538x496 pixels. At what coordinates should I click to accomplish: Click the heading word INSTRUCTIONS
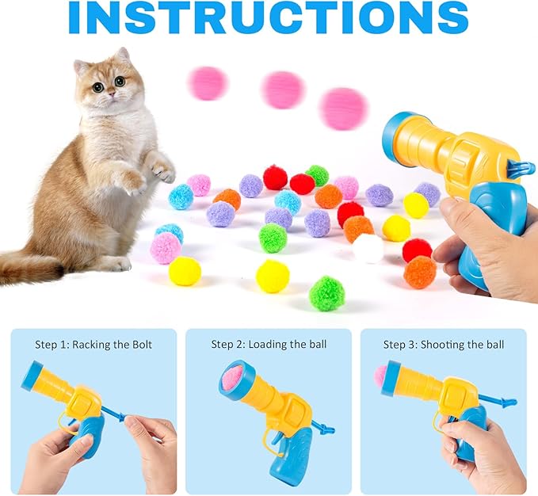[x=268, y=19]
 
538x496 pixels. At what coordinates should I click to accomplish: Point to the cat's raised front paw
[x=161, y=167]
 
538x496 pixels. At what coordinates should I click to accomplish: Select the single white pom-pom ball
[x=368, y=248]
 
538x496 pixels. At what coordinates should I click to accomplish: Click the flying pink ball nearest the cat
[x=208, y=83]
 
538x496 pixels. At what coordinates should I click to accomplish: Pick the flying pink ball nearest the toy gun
[x=343, y=109]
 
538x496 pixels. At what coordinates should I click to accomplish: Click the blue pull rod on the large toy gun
[x=519, y=166]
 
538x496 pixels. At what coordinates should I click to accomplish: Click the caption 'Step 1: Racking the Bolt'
[x=93, y=345]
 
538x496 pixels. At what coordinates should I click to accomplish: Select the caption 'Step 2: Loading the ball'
[x=269, y=345]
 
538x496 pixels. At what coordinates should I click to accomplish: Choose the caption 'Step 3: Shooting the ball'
[x=443, y=345]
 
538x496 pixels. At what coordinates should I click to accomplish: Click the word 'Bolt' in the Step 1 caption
[x=140, y=345]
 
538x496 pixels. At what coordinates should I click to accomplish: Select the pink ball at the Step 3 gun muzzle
[x=381, y=376]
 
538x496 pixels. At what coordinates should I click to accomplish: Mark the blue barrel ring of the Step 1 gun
[x=32, y=376]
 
